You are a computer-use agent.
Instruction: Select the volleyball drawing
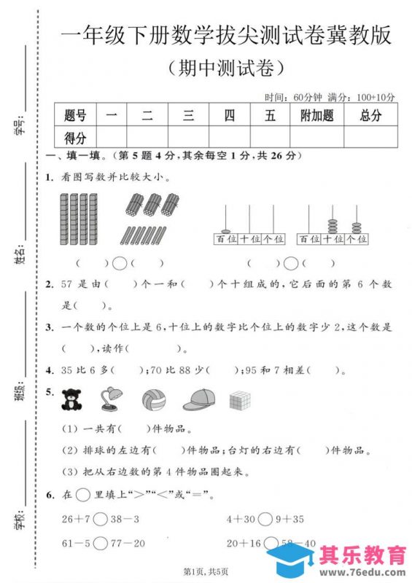pyautogui.click(x=154, y=399)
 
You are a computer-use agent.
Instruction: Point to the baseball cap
pyautogui.click(x=200, y=399)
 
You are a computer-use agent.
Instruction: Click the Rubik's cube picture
pyautogui.click(x=241, y=400)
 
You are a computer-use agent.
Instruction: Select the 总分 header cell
pyautogui.click(x=370, y=115)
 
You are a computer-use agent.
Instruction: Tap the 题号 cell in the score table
pyautogui.click(x=75, y=115)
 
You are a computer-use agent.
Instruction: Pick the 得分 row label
pyautogui.click(x=75, y=137)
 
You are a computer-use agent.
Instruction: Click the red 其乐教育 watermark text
pyautogui.click(x=363, y=555)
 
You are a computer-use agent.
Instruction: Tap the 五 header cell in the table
pyautogui.click(x=270, y=115)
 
